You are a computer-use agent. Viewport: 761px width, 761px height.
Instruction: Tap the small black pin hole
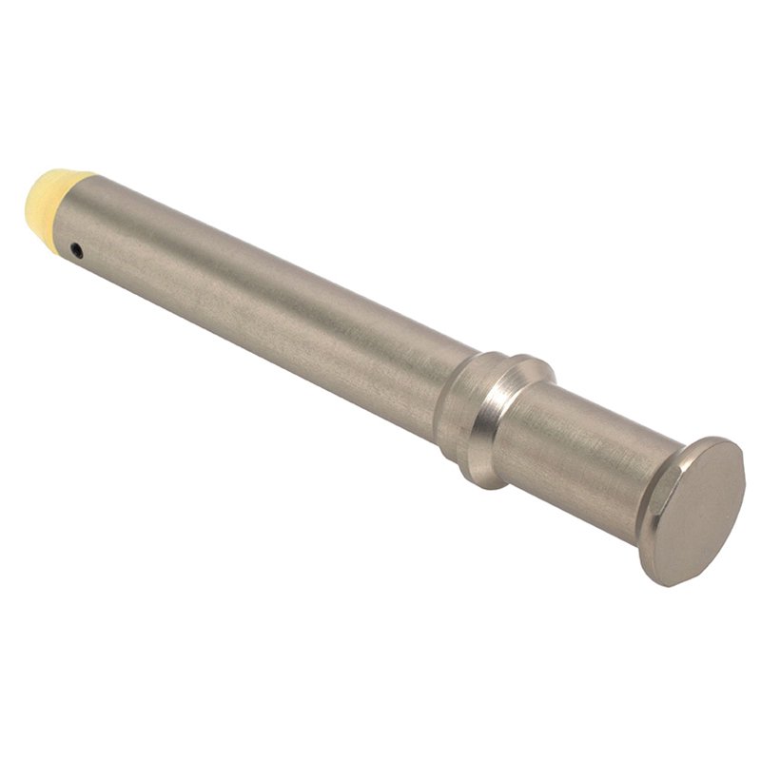tap(76, 251)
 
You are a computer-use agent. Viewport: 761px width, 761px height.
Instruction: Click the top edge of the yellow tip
tap(62, 174)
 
